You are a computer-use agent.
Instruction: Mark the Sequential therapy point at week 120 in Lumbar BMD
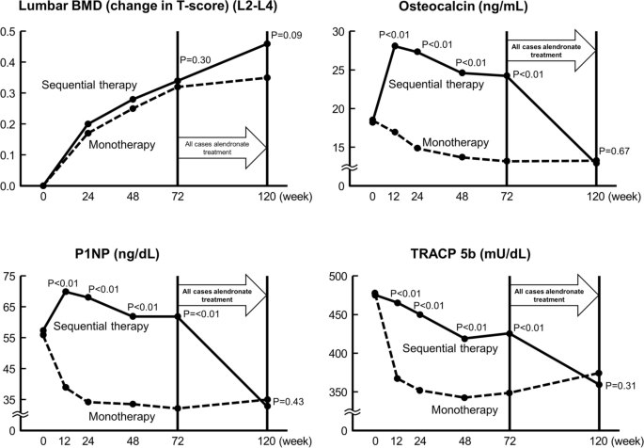click(x=268, y=43)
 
